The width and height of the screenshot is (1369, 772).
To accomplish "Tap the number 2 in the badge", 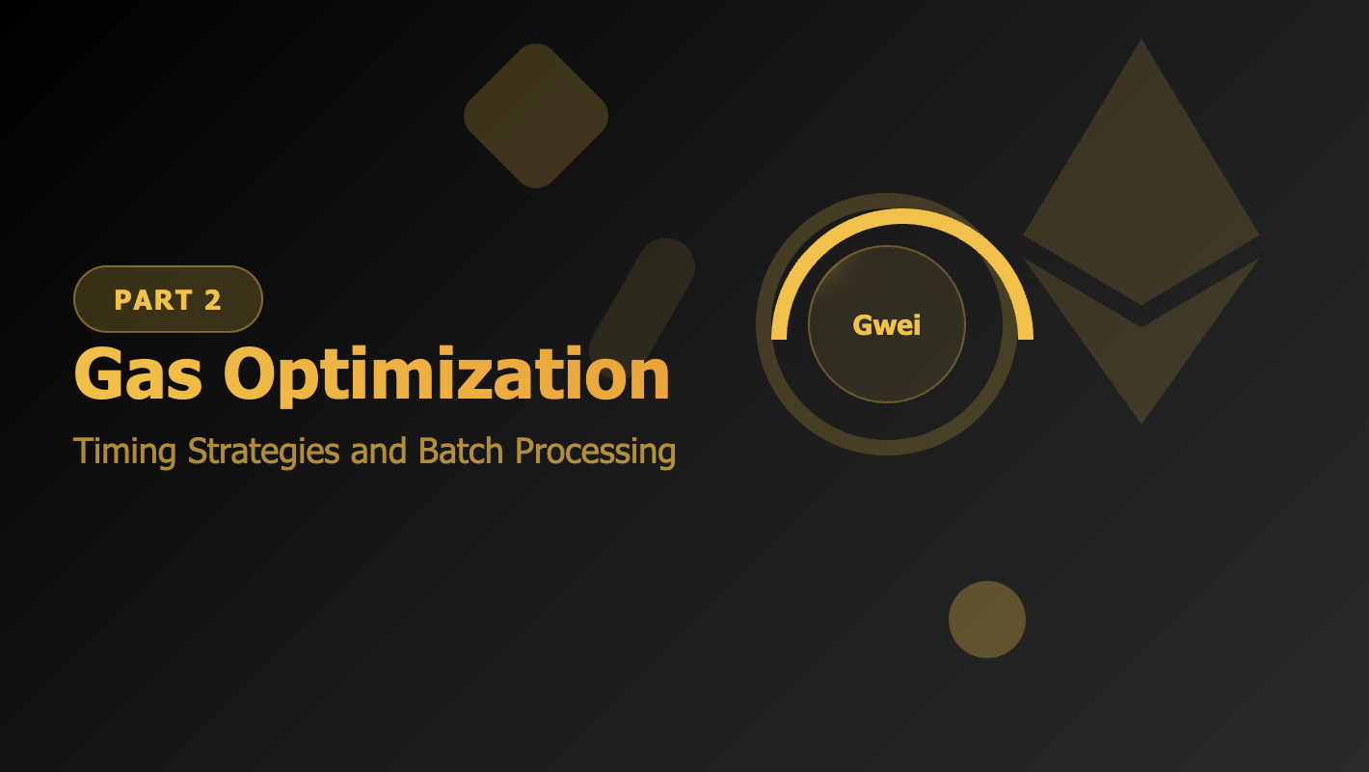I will tap(213, 300).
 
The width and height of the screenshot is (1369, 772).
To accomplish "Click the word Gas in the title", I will tap(138, 374).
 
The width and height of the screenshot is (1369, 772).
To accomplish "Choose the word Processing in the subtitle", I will tap(594, 451).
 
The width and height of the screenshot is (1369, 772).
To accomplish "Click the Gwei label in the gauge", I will tap(887, 325).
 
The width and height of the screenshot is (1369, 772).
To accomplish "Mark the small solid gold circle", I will tap(987, 620).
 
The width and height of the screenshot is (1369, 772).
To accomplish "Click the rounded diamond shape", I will tap(536, 116).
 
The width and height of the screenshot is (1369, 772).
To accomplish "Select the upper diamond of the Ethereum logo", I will tap(1141, 193).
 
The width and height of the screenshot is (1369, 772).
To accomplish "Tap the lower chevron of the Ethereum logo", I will tap(1141, 357).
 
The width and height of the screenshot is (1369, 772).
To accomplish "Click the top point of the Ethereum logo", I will tap(1141, 42).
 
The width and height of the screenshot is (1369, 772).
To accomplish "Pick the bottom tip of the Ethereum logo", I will tap(1141, 421).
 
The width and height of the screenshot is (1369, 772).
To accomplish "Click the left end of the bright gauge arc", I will tap(779, 334).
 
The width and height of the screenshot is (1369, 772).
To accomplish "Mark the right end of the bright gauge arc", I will tap(1026, 334).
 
